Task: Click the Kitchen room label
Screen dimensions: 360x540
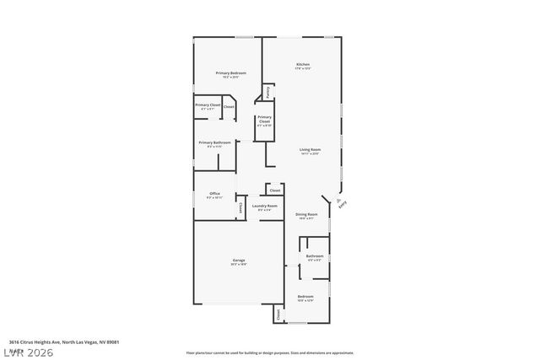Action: click(302, 66)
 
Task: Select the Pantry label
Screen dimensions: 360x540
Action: click(267, 90)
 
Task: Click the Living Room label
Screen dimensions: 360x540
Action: click(310, 151)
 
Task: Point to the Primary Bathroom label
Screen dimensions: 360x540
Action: click(214, 144)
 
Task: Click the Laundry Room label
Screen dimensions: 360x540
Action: click(264, 207)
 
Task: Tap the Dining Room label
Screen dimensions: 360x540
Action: click(306, 216)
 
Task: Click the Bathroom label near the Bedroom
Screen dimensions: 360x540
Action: click(315, 257)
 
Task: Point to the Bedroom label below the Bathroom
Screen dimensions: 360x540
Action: click(305, 298)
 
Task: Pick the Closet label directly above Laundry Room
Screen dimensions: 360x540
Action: click(274, 191)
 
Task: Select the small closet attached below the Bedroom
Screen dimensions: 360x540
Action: click(277, 314)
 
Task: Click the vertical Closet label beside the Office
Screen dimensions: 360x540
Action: click(240, 207)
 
